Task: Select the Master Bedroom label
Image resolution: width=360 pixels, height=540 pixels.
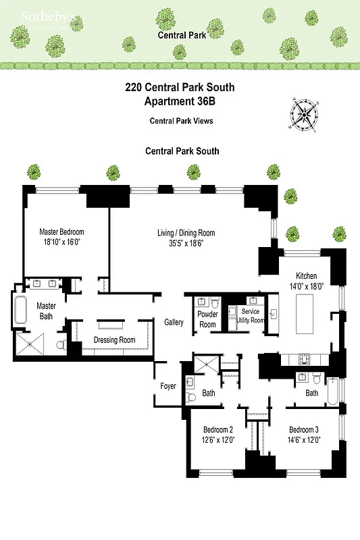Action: (61, 232)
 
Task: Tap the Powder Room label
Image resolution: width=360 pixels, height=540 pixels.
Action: (207, 319)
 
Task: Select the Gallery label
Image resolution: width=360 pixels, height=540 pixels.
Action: (174, 323)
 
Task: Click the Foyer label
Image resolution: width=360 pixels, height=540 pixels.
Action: (168, 386)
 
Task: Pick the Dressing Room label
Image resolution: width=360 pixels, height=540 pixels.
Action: (114, 340)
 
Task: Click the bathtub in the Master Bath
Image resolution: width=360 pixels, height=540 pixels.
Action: (20, 313)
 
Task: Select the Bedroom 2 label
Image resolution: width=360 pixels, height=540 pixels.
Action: (218, 430)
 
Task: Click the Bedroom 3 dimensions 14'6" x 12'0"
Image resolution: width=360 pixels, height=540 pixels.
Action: (303, 439)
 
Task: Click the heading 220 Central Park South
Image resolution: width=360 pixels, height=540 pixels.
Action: (179, 88)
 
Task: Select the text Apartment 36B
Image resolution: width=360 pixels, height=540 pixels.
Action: (179, 102)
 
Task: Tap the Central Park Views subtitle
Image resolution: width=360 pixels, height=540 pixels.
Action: (181, 121)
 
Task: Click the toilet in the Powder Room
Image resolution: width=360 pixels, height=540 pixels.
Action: (214, 302)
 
